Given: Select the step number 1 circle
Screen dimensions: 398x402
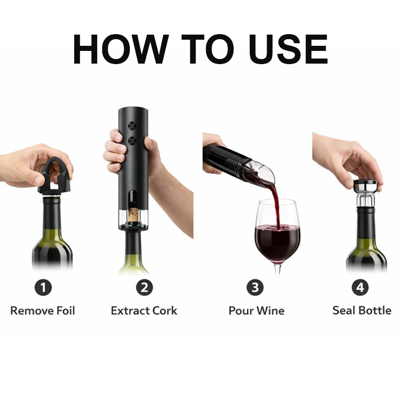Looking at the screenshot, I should tap(43, 288).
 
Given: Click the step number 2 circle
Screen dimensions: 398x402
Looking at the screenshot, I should tap(144, 288).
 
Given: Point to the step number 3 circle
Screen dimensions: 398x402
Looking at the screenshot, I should tap(255, 288).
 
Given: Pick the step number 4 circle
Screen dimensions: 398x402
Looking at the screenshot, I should tap(360, 288).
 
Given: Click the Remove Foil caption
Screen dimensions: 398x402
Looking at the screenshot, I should tap(43, 310).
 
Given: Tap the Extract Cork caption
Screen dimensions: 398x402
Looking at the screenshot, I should tap(144, 310).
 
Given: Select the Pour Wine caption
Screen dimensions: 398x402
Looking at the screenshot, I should tap(256, 310).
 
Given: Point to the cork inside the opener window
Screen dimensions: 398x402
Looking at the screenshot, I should tap(133, 214).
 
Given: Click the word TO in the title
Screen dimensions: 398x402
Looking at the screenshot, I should tap(198, 49).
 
